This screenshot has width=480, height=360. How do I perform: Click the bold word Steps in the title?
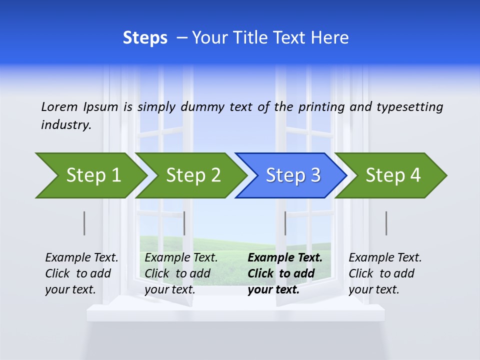(145, 38)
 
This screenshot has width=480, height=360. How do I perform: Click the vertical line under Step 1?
(84, 223)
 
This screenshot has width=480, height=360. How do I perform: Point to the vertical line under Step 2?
(184, 223)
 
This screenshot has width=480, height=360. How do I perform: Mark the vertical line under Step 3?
(285, 223)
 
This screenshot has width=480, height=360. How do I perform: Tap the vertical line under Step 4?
(386, 223)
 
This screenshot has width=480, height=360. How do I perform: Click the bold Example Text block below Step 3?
(285, 273)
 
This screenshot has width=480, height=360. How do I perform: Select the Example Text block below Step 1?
(81, 273)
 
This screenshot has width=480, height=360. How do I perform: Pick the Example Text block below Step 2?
(181, 273)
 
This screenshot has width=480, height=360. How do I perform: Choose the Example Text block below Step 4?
(385, 273)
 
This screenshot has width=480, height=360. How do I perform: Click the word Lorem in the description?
(59, 107)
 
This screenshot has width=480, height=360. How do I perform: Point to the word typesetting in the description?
(409, 107)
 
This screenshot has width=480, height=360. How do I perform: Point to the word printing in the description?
(322, 107)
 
